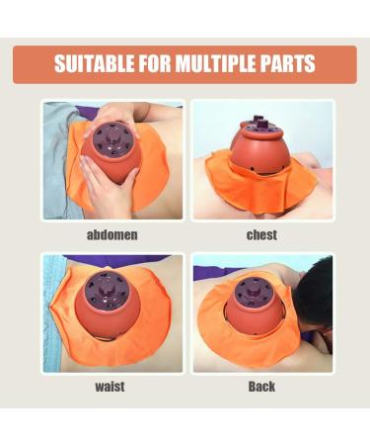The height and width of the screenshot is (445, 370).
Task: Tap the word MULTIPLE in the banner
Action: tap(222, 65)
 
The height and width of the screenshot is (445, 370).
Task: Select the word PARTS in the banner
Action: tap(290, 65)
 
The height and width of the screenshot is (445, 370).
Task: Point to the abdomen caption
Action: tap(112, 235)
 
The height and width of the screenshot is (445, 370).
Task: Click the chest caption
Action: tap(261, 235)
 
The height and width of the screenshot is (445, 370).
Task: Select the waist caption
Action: tap(112, 389)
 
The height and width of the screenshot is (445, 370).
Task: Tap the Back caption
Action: tap(261, 389)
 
